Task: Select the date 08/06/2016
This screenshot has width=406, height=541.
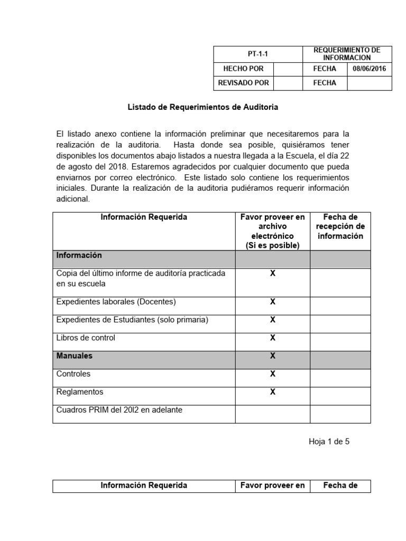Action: (370, 69)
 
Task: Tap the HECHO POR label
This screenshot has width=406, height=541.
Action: (243, 69)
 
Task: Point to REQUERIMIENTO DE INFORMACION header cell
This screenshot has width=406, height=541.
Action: (347, 53)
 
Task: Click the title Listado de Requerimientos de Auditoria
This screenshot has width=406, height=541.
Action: (203, 107)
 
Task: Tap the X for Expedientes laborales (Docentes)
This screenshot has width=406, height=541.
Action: (273, 302)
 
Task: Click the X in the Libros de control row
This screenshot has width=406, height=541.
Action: (273, 338)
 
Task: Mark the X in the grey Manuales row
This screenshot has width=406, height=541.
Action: (273, 356)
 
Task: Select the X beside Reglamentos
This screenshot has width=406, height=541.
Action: (273, 391)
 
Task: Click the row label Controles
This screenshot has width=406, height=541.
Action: (73, 374)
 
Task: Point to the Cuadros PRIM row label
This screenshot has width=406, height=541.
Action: (119, 409)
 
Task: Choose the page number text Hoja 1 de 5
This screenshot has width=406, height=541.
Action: (329, 442)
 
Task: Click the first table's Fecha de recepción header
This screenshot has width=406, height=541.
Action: (340, 227)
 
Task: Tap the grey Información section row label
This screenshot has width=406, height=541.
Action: (79, 255)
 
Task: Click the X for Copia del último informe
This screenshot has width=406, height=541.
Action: (273, 273)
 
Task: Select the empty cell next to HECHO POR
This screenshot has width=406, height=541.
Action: (288, 69)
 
